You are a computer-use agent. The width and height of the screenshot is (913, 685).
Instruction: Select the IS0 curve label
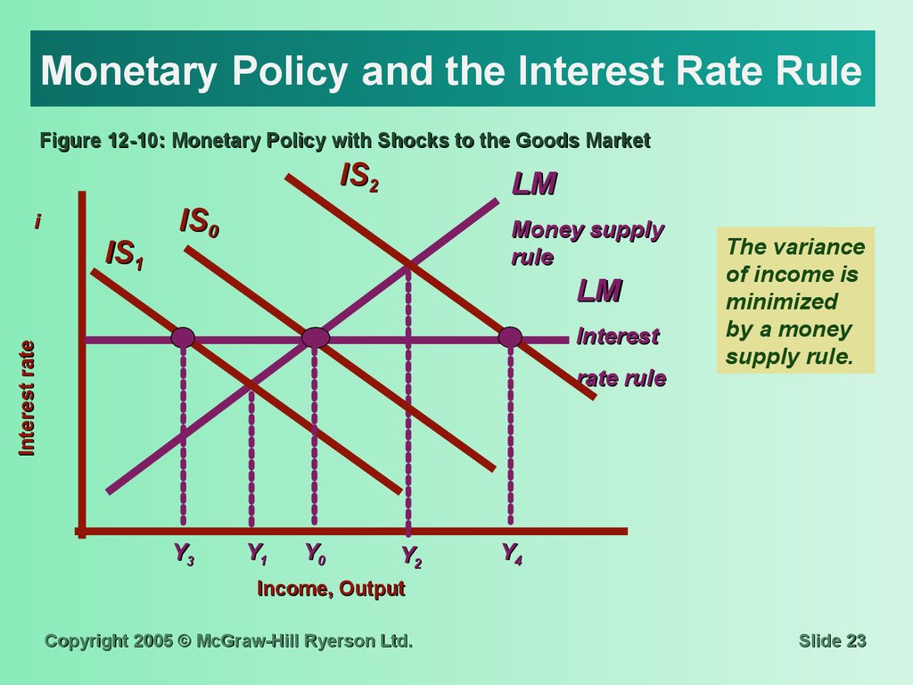click(x=199, y=222)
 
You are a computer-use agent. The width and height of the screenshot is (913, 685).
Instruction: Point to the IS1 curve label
click(x=124, y=254)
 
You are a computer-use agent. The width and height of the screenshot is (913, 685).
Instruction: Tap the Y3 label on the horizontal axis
click(x=184, y=554)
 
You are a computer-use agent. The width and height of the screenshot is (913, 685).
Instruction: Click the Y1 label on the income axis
click(x=257, y=553)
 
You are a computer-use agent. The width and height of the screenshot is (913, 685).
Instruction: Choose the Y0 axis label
click(x=316, y=553)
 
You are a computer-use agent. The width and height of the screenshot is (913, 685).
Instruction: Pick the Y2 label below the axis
click(x=412, y=557)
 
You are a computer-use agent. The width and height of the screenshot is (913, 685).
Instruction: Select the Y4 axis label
click(x=512, y=553)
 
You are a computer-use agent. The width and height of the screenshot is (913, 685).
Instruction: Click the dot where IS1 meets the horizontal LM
click(x=183, y=337)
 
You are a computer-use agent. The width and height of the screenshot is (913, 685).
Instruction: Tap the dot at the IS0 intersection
click(x=316, y=337)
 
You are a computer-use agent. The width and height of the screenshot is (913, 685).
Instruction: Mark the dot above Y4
click(x=510, y=337)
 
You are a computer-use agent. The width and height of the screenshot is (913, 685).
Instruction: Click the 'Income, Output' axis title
click(x=331, y=589)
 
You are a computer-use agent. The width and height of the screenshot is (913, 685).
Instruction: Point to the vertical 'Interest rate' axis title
click(x=27, y=399)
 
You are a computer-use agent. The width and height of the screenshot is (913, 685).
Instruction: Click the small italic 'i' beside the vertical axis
click(x=37, y=221)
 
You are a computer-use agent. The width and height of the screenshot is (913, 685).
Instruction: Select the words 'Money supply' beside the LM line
click(x=588, y=230)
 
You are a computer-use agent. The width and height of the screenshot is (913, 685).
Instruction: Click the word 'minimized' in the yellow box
click(x=781, y=301)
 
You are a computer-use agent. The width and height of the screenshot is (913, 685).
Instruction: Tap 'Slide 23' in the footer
click(x=833, y=640)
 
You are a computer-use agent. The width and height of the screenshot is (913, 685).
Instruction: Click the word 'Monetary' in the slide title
click(x=128, y=70)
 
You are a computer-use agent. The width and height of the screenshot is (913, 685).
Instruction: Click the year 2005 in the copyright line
click(x=153, y=640)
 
